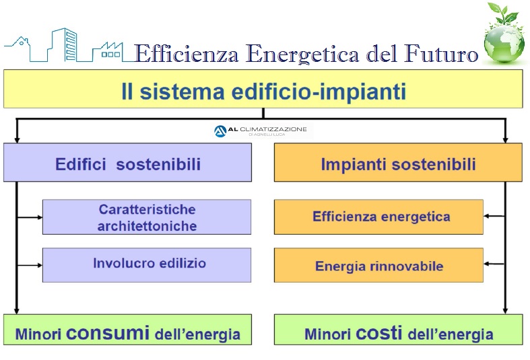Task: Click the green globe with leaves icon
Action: (504, 34)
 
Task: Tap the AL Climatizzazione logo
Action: (261, 131)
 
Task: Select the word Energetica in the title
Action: (303, 54)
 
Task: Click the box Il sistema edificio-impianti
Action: (263, 89)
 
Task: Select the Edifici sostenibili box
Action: (127, 162)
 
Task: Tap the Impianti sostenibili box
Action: (398, 162)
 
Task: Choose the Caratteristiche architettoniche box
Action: (147, 217)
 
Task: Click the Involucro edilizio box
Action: (147, 265)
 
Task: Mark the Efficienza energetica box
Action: (378, 217)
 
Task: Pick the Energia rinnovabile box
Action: (378, 265)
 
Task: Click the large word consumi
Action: (108, 332)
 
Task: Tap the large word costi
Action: (379, 332)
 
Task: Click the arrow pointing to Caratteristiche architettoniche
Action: (30, 217)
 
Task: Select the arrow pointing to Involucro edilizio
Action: (30, 265)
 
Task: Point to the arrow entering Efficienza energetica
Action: (494, 216)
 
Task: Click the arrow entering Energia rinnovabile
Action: (494, 264)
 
